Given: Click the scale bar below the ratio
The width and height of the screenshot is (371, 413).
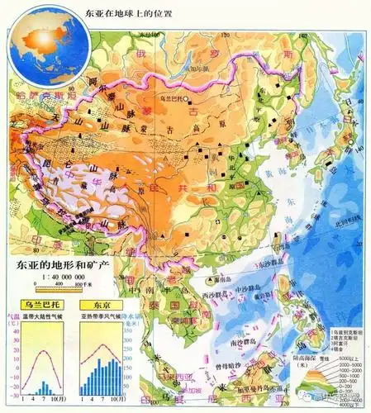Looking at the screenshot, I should coord(50,288).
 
